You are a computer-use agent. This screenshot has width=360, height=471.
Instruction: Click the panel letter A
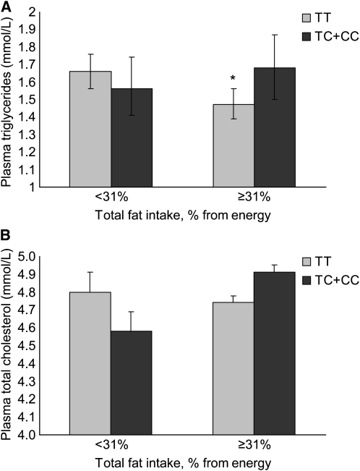(x=7, y=7)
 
